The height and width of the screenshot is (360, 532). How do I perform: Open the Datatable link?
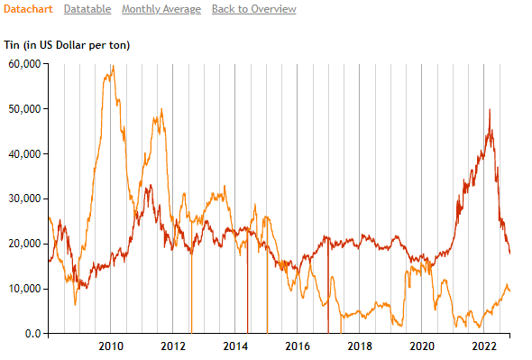pos(87,9)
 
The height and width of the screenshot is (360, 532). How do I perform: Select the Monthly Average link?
pos(161,9)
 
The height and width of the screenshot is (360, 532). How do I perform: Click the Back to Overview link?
pos(253,9)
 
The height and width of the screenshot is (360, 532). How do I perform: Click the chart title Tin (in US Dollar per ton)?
pos(68,45)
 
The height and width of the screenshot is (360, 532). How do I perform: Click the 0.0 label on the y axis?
pos(32,334)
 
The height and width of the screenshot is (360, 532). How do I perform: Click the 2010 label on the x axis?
pos(111,346)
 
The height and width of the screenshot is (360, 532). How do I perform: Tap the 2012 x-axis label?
pos(173,346)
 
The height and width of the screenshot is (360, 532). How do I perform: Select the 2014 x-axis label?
pos(235,346)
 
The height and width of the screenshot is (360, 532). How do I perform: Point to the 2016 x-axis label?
pos(298,346)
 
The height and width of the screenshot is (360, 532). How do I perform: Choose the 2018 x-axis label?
pos(360,346)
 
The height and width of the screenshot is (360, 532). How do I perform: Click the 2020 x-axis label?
pos(422,346)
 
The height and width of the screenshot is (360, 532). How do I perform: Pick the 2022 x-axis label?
pos(484,346)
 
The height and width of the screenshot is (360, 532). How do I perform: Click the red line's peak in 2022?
pos(490,110)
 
